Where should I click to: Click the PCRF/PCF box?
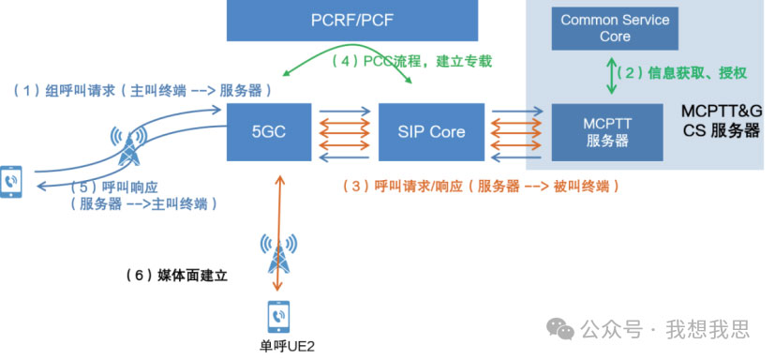[352, 21]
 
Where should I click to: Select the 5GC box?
[269, 132]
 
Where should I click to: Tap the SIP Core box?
[431, 132]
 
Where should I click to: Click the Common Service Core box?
[615, 28]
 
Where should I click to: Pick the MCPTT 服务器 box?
[607, 132]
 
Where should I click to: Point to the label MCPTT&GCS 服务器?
[722, 121]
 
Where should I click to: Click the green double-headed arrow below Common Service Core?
[612, 76]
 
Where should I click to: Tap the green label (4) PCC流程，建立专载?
[411, 61]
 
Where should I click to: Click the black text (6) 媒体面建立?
[177, 276]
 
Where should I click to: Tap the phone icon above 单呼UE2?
[278, 317]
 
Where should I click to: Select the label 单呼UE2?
[287, 346]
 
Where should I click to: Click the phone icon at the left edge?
[11, 182]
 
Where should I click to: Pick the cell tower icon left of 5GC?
[128, 144]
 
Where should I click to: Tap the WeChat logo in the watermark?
[559, 328]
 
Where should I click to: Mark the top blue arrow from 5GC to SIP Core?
[345, 112]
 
